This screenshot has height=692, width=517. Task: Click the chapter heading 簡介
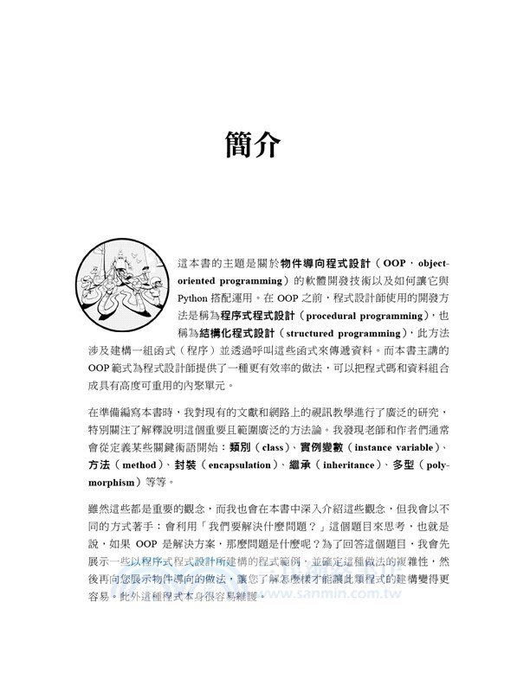pyautogui.click(x=251, y=145)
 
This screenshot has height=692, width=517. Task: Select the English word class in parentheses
pyautogui.click(x=273, y=446)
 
